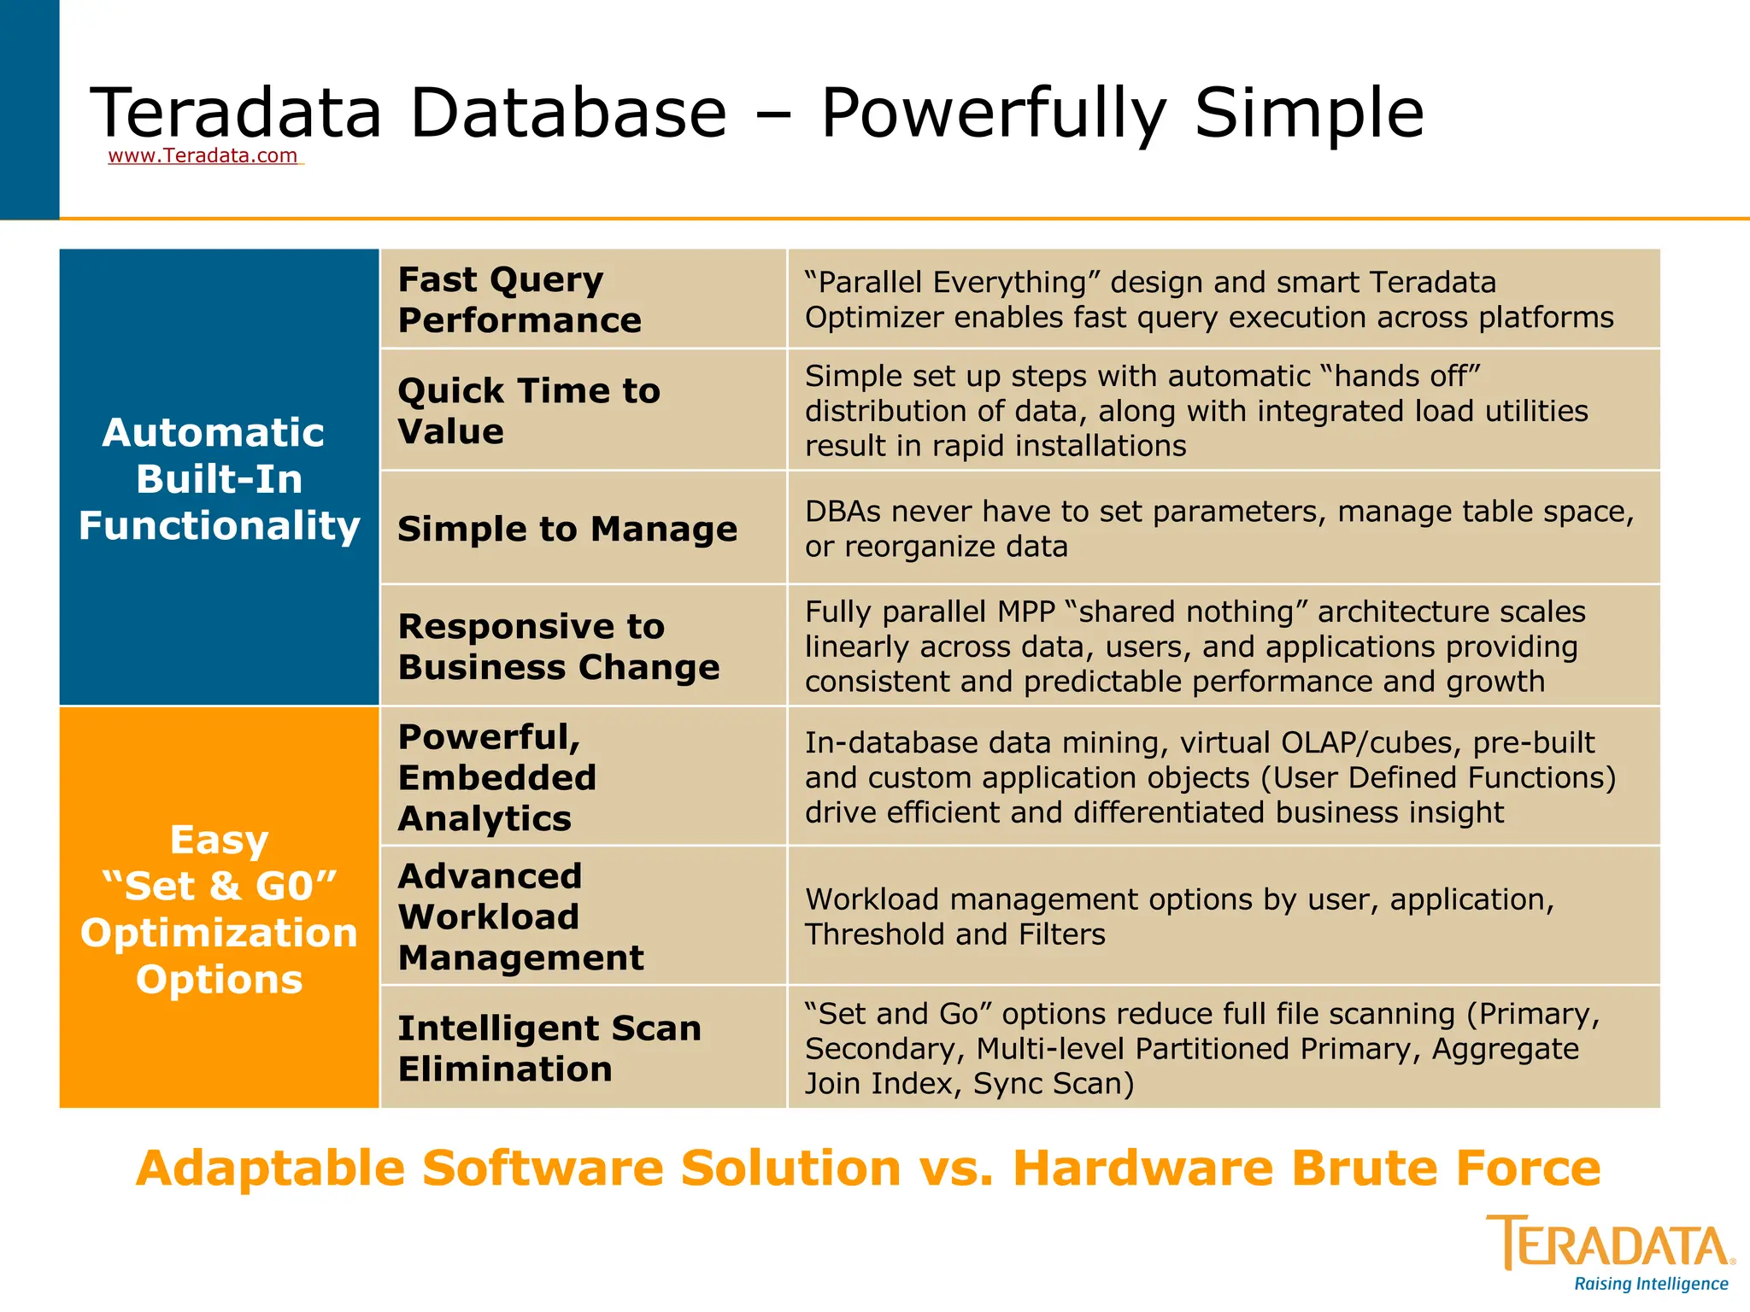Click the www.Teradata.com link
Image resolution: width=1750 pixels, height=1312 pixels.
pos(203,155)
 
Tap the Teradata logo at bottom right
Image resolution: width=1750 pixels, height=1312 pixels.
pos(1610,1245)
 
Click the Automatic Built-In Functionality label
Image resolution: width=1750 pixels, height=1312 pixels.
pos(219,479)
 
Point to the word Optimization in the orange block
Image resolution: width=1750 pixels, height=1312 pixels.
pos(219,933)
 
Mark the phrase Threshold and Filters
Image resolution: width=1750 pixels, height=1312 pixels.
pos(954,934)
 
